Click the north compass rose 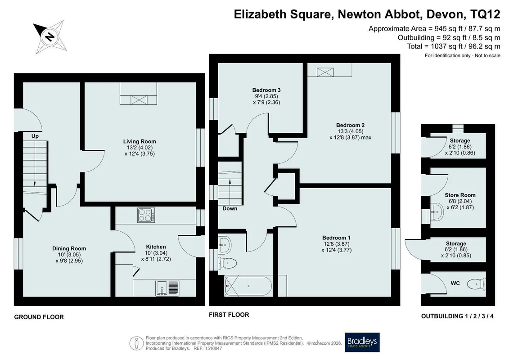coord(50,36)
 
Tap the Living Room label coord(140,141)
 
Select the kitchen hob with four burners coord(146,215)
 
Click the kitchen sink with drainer coord(167,288)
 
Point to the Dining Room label coord(69,248)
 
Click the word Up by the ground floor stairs coord(35,136)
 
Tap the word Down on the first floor coord(230,208)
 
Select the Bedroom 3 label coord(266,90)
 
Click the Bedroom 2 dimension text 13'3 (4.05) coord(350,131)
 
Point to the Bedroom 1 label coord(336,238)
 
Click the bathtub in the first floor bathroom coord(248,286)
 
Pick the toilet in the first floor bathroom coord(227,262)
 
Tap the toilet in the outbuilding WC coord(477,284)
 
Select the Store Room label coord(460,195)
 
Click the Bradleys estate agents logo coord(362,342)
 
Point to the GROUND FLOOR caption coord(39,317)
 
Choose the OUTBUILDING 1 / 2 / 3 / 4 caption coord(457,316)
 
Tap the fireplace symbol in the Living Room coord(139,99)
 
